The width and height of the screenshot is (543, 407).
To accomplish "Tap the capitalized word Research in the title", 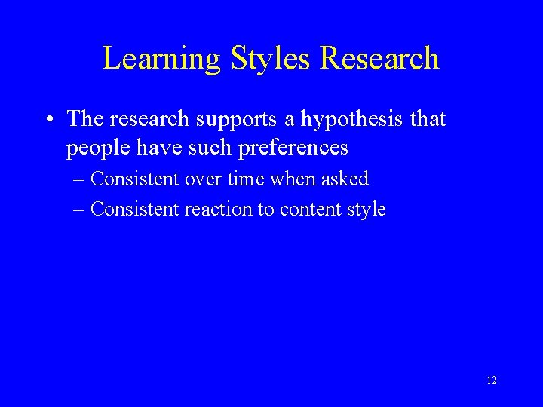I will [x=381, y=59].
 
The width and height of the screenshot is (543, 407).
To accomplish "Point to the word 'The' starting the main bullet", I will [x=84, y=119].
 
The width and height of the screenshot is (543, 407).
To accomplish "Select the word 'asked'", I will [x=344, y=179].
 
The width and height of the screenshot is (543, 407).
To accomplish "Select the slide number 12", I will [x=492, y=381].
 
